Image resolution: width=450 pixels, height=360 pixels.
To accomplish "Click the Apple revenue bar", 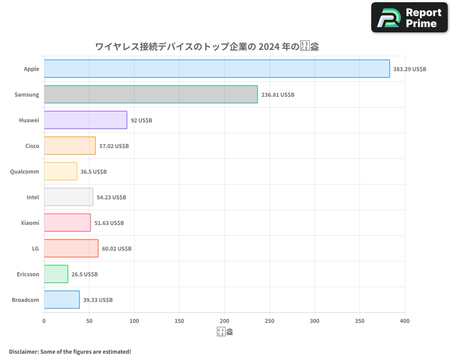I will (x=217, y=69).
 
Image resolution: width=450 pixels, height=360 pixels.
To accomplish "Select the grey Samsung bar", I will (x=151, y=94).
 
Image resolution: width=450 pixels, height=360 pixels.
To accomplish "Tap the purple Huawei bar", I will (x=85, y=120).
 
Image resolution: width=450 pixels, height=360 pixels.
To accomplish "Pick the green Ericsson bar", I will (x=56, y=274).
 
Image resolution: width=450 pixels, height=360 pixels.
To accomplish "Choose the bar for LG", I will (x=71, y=248).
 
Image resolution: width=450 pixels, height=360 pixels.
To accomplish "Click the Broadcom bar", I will (x=62, y=300).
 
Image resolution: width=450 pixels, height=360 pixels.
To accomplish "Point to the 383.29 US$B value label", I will (x=409, y=69).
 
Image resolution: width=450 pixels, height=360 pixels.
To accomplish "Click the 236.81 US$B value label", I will (x=278, y=94).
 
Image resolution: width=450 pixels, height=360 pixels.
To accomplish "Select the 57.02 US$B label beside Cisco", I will (x=114, y=146).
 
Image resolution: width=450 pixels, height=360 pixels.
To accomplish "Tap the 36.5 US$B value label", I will (x=94, y=171).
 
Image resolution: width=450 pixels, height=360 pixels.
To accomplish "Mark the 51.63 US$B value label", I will (x=109, y=223).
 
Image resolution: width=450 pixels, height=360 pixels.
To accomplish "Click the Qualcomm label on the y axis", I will (x=24, y=171).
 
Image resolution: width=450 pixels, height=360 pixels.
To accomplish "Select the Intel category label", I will (x=32, y=197).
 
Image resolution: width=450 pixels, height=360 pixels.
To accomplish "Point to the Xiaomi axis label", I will (x=30, y=223).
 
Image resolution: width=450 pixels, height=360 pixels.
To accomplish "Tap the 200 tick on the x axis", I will (x=225, y=321).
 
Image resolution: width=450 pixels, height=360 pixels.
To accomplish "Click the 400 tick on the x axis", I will (x=405, y=321).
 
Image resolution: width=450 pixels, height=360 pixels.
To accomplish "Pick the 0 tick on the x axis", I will (x=44, y=321).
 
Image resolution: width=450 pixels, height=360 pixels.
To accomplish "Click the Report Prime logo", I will (x=410, y=18).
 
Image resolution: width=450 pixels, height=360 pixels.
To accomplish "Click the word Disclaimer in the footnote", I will (x=23, y=351).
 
